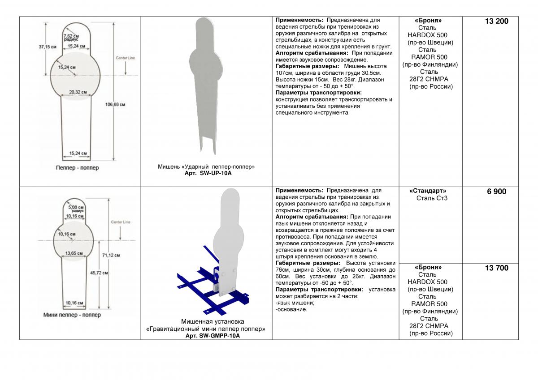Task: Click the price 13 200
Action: (x=496, y=21)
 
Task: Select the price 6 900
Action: (x=496, y=192)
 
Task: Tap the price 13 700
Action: (x=496, y=268)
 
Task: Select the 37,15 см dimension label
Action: (x=48, y=47)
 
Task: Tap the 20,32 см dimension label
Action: (x=78, y=92)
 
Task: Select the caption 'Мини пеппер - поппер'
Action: (x=72, y=315)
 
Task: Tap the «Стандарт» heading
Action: (x=428, y=191)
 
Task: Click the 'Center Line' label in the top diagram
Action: (x=126, y=58)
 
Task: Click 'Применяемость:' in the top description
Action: (x=299, y=20)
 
